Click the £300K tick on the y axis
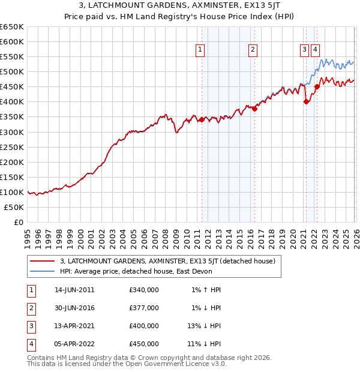pos(12,132)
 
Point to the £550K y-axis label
pos(12,56)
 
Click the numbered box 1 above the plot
pos(199,50)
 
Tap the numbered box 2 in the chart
pos(253,50)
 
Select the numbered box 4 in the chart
pos(315,50)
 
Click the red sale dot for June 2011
pos(202,119)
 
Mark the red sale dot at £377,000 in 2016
pos(254,109)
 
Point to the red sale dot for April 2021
pos(306,101)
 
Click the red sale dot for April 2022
pos(317,86)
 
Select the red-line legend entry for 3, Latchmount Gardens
pos(167,261)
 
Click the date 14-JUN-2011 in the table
pos(74,290)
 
